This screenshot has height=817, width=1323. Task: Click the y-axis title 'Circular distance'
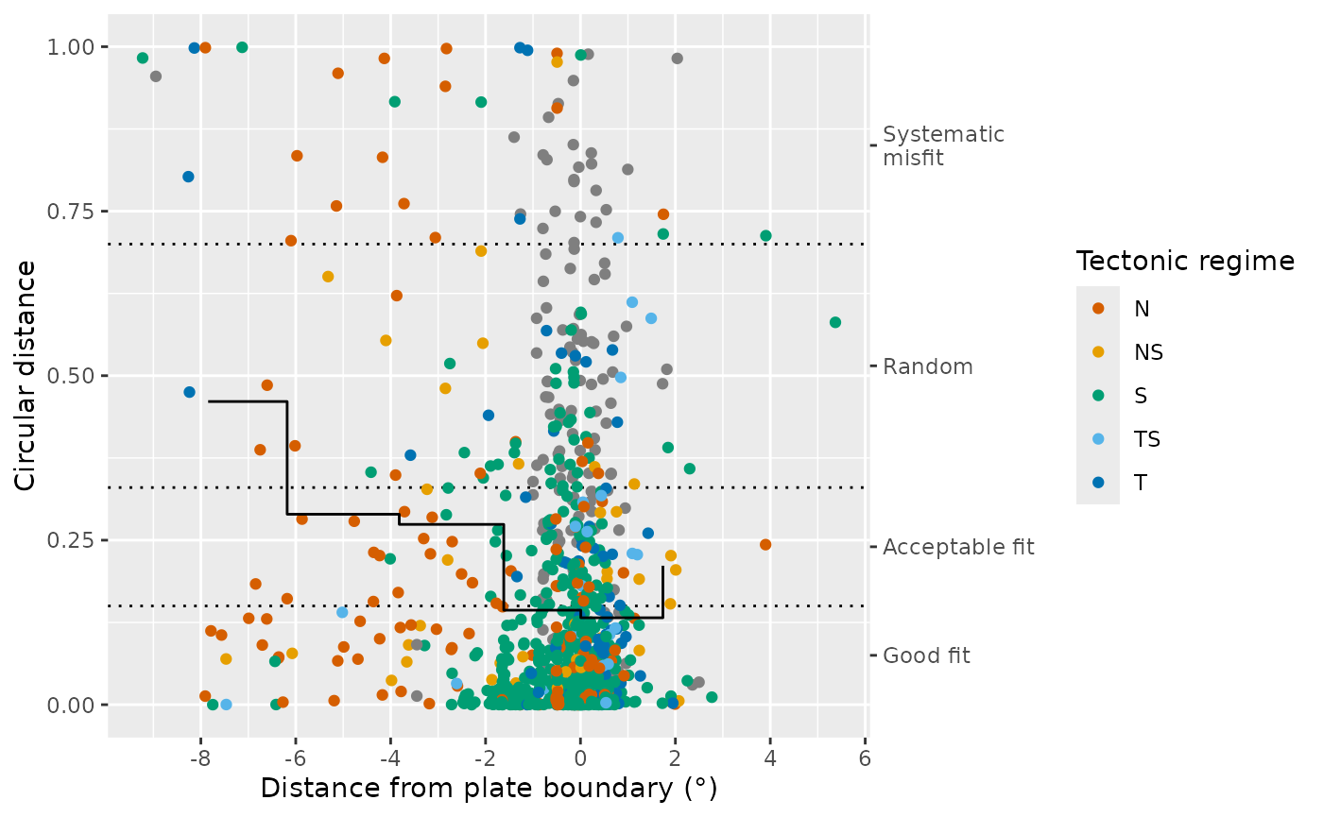[x=26, y=375]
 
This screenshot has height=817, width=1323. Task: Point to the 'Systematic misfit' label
[x=943, y=146]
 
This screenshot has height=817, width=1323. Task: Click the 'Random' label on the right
[x=927, y=367]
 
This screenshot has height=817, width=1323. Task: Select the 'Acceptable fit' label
[x=958, y=547]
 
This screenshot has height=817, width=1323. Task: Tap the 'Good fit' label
[x=926, y=655]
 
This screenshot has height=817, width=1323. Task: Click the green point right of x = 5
[x=835, y=322]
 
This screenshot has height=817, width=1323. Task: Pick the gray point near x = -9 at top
[x=156, y=77]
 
